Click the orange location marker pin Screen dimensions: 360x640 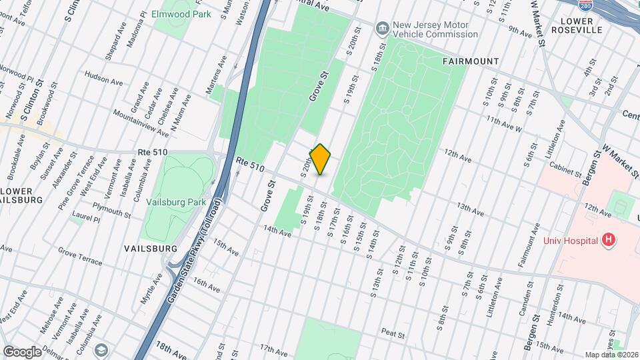coord(321,159)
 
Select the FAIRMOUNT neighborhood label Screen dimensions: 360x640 coord(471,61)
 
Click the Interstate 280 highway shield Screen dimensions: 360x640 coord(585,5)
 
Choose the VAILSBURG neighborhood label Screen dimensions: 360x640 coord(150,248)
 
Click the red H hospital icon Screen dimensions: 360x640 coord(607,239)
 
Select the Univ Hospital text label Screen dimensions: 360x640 coord(570,240)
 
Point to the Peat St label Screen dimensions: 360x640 coord(393,331)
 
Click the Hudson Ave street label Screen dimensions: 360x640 coord(104,79)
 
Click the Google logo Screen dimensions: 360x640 coord(21,351)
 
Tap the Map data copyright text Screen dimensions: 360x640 coord(611,354)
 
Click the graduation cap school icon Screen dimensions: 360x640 coord(101,350)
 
